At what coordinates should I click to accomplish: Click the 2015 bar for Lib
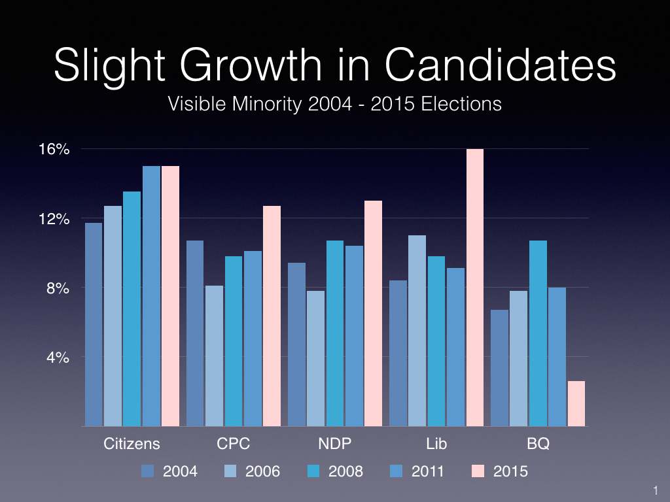(474, 288)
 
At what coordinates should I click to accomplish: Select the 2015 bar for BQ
(576, 403)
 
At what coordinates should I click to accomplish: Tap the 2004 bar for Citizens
(94, 324)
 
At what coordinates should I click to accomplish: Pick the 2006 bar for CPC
(214, 356)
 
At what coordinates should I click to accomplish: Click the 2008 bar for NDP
(335, 333)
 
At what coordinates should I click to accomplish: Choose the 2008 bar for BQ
(538, 333)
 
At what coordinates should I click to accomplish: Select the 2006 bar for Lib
(417, 331)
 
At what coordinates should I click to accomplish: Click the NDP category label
(334, 444)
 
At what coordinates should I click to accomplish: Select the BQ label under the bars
(538, 444)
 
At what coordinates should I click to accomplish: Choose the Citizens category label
(132, 444)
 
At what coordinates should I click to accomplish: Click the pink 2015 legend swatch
(479, 471)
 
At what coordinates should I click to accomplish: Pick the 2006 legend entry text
(262, 471)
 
